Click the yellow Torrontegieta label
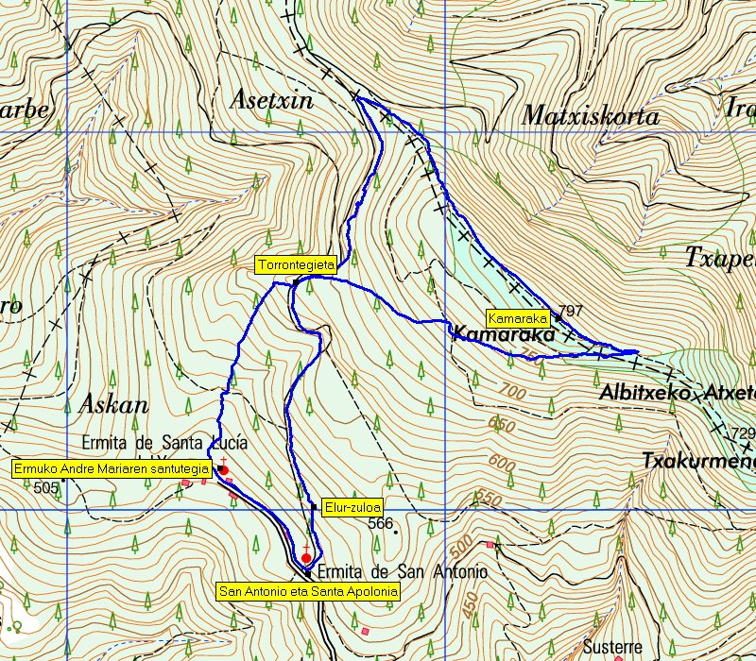[296, 265]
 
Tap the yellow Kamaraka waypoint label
[518, 317]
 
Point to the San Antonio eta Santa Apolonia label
[308, 591]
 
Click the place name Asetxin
[272, 100]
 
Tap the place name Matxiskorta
[590, 117]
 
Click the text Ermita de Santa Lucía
[165, 442]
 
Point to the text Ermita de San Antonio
[402, 572]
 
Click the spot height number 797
[571, 311]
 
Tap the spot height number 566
[380, 523]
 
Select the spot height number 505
[44, 487]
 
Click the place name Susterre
[612, 648]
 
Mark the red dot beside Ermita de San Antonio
[306, 558]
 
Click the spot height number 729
[745, 432]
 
